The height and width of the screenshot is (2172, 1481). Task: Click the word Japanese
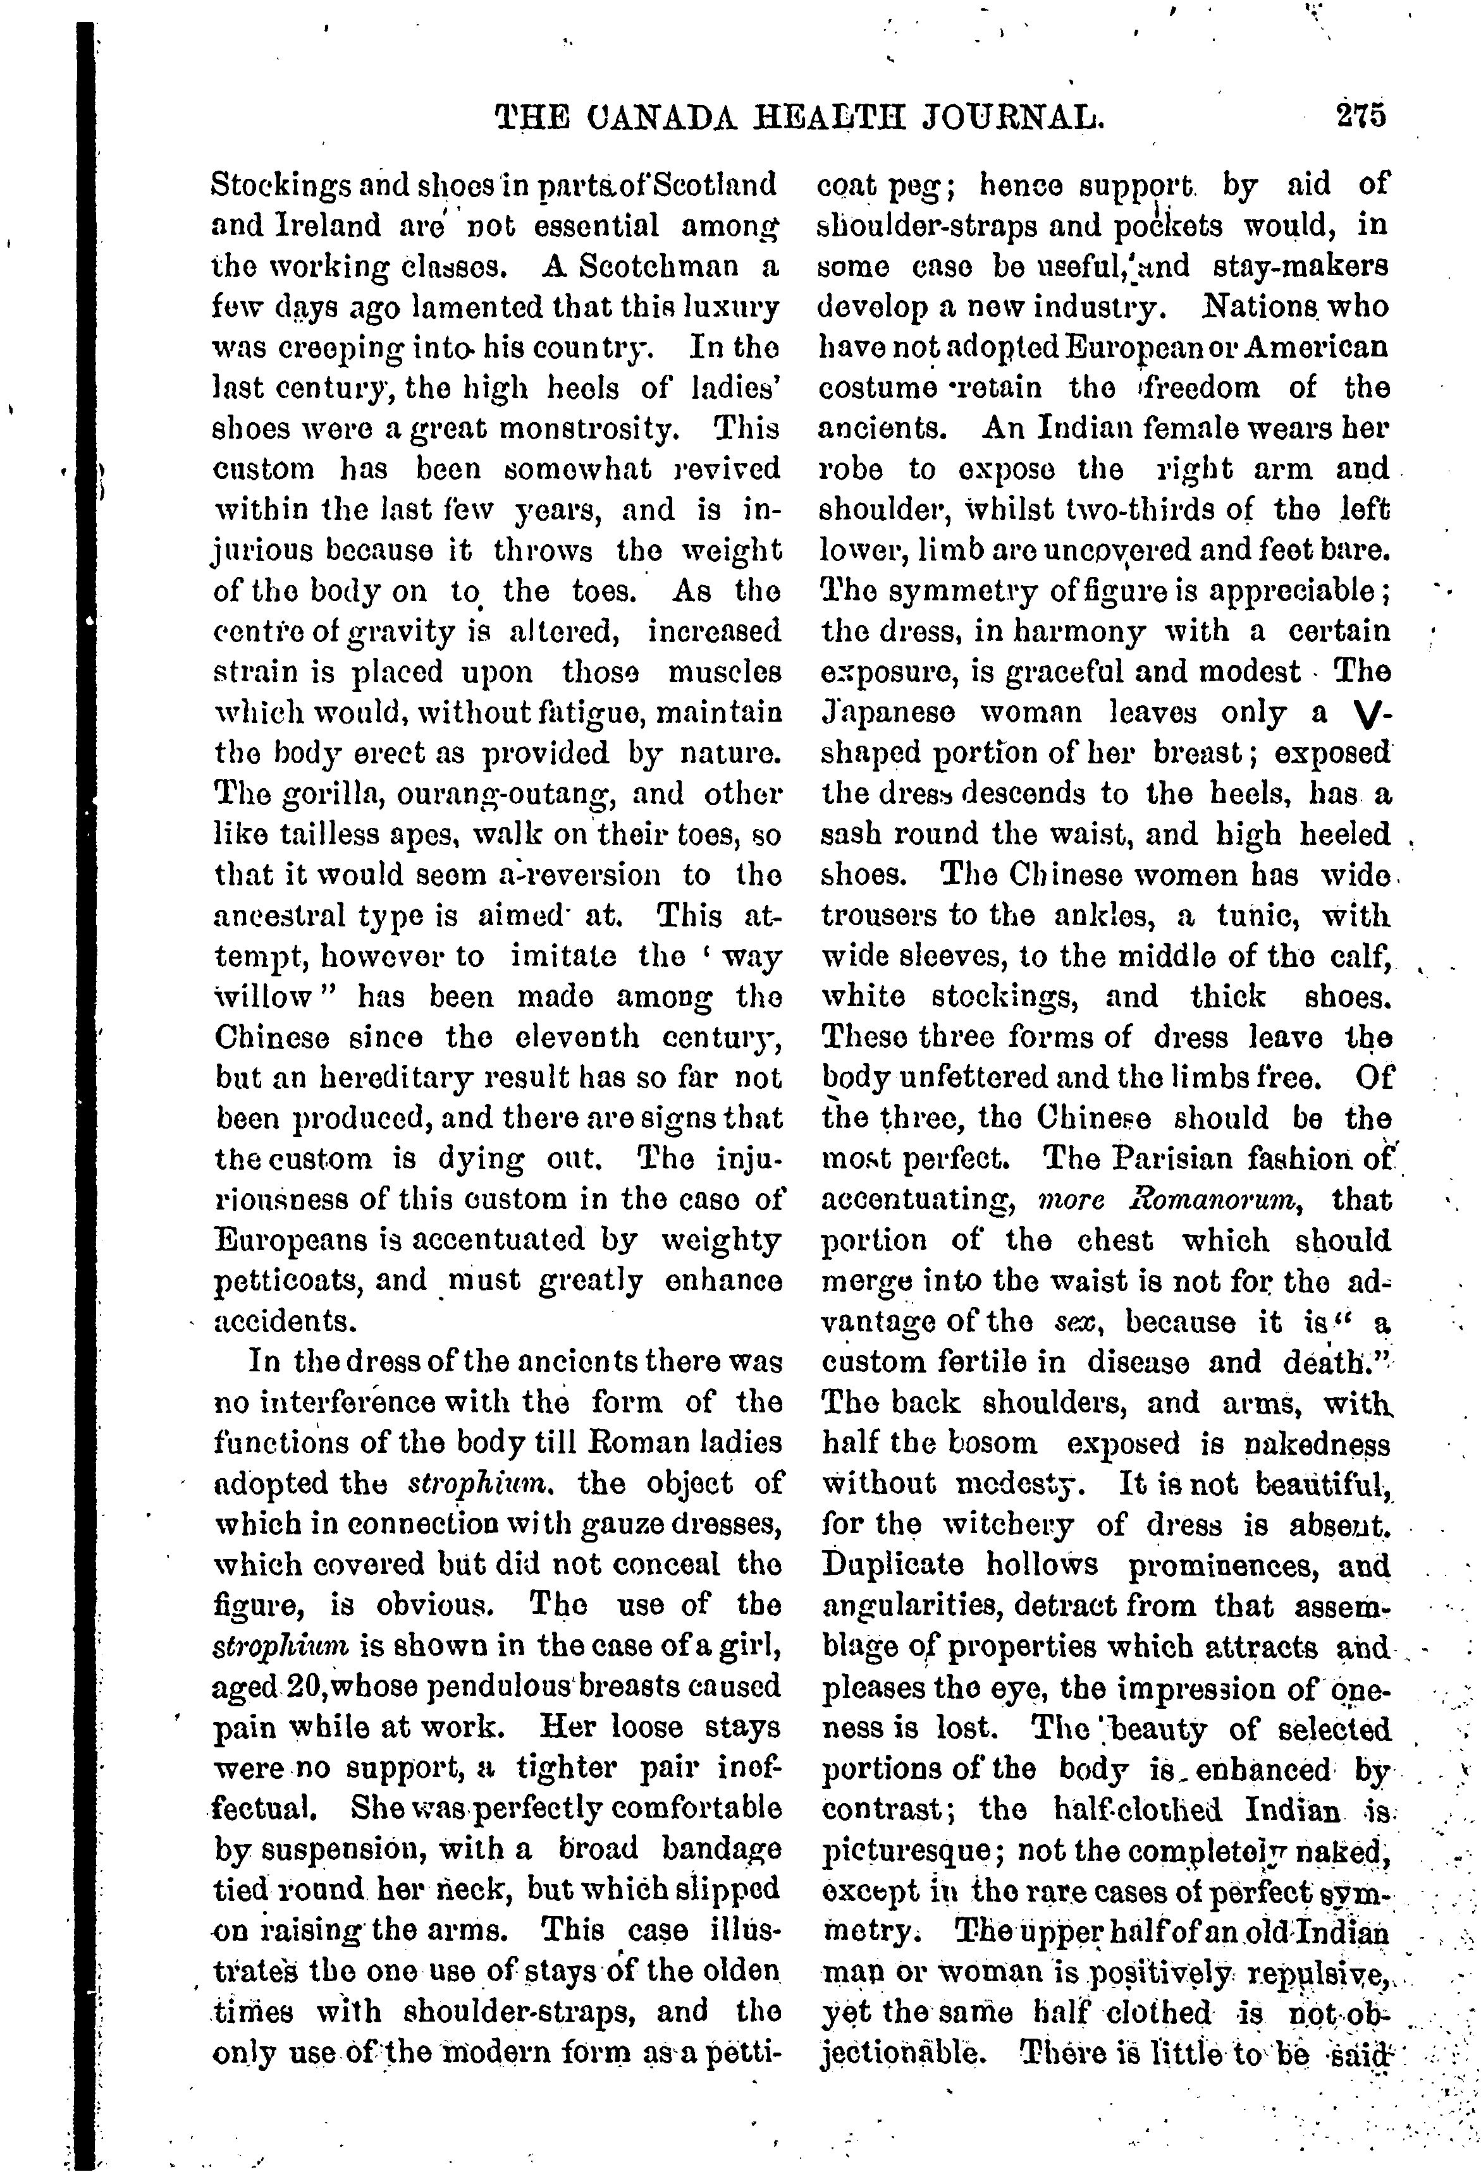click(x=888, y=713)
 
